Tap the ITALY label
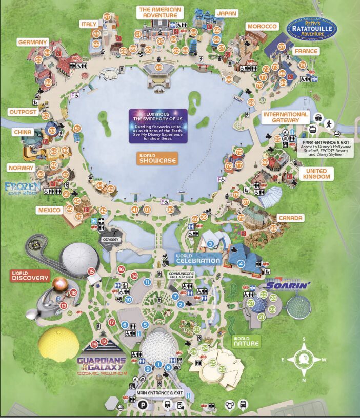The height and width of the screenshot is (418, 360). pos(89,24)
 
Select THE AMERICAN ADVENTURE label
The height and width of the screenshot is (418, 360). pos(160,13)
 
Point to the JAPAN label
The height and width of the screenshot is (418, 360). pos(226,13)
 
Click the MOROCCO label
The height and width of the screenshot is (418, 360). pos(262,26)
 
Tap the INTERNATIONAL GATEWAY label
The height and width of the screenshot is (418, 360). pos(286,117)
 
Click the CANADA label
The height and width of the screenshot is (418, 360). pos(290,218)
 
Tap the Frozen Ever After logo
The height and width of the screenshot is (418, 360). pos(23,189)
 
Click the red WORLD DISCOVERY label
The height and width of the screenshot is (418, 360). pos(30,276)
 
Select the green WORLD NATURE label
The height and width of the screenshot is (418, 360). pos(246,341)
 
